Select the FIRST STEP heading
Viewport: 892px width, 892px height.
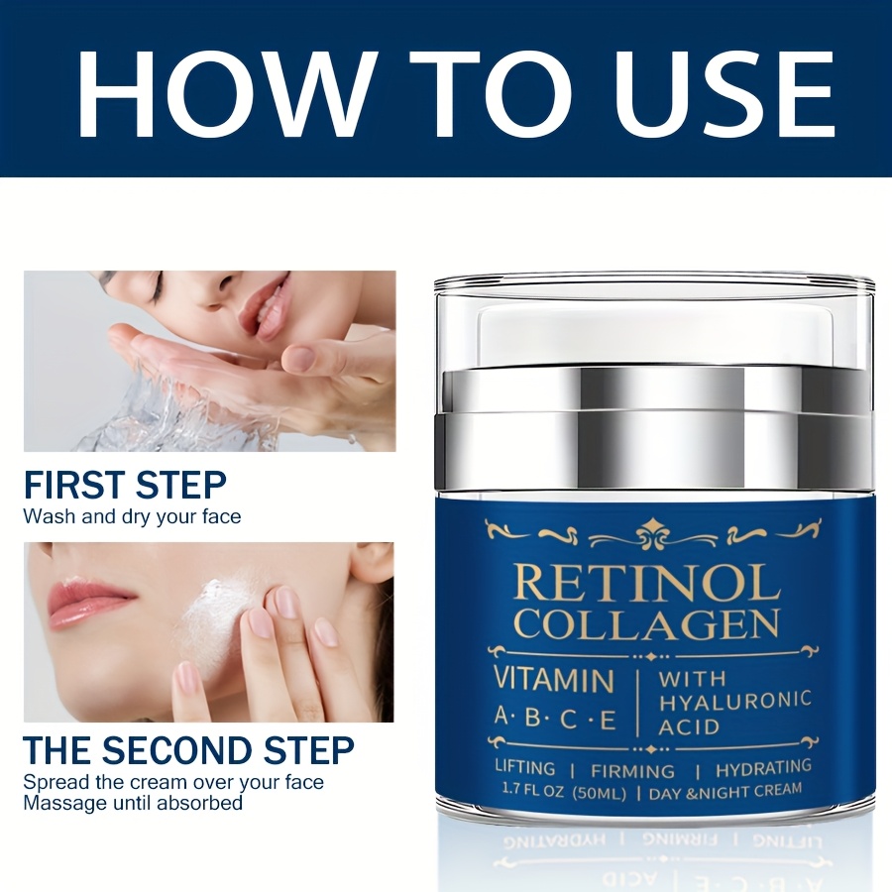click(125, 485)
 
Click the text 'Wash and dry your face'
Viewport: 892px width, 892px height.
click(132, 516)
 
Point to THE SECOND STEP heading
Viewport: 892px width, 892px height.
click(189, 750)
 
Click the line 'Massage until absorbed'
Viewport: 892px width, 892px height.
click(133, 803)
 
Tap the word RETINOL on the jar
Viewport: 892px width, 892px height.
click(646, 584)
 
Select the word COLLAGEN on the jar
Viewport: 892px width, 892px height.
click(647, 623)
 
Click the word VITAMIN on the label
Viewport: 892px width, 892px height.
click(554, 680)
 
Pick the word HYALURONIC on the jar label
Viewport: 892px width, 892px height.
click(735, 702)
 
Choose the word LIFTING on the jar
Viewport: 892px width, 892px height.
click(524, 768)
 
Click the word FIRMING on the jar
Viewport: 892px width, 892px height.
click(632, 771)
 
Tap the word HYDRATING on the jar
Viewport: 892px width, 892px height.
click(763, 768)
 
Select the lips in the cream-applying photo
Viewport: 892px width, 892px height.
click(91, 605)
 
